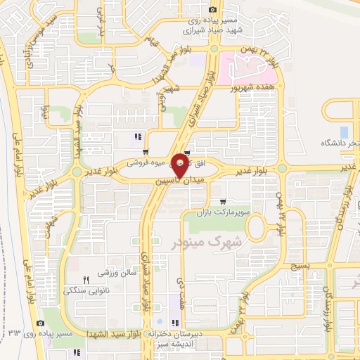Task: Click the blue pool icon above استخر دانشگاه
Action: coord(344,132)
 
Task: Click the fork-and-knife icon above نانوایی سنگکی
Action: coord(86,279)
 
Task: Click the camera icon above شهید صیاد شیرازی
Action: coord(212,9)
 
